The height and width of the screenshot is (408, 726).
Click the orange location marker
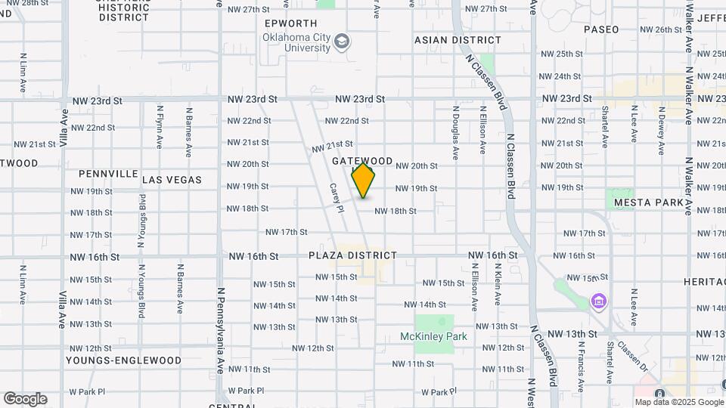(364, 181)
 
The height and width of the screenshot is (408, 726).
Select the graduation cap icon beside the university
(343, 41)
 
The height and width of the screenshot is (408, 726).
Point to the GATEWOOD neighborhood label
(362, 161)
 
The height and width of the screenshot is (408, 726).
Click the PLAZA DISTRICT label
(352, 255)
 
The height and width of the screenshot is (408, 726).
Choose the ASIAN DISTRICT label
(458, 40)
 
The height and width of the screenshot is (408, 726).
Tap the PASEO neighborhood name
(601, 29)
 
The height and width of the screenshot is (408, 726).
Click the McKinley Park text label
(433, 336)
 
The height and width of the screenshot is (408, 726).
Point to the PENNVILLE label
(108, 174)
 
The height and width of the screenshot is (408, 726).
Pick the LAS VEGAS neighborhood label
(172, 180)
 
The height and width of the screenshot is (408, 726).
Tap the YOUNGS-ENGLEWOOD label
(123, 360)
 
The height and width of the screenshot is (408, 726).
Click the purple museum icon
(599, 302)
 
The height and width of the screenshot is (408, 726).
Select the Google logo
(24, 399)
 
